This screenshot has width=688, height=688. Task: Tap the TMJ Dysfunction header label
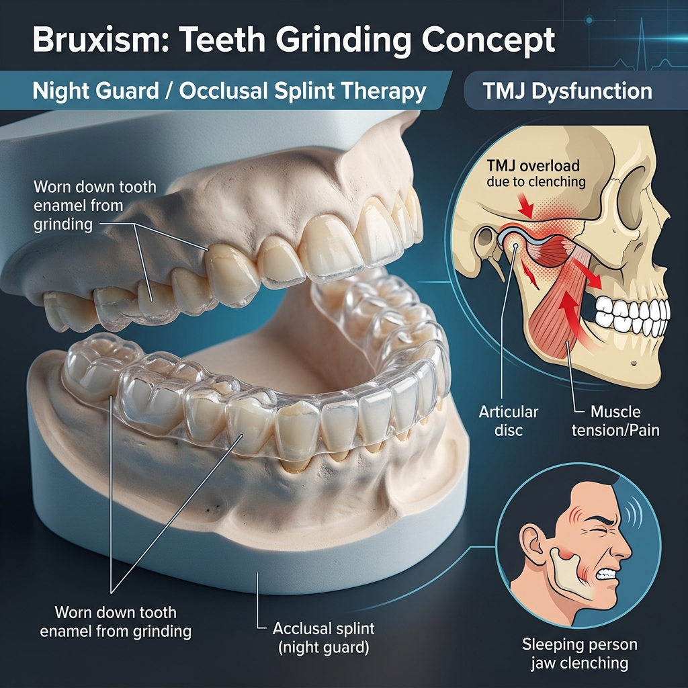567,91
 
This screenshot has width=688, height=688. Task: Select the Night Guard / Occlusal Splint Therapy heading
229,91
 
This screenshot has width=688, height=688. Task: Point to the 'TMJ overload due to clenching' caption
535,173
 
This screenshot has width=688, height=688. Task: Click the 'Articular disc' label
508,421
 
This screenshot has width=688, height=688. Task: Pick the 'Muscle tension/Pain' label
615,421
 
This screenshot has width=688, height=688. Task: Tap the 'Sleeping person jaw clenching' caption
579,653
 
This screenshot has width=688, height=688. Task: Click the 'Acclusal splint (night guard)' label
323,638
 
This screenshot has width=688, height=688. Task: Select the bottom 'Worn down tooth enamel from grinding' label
116,621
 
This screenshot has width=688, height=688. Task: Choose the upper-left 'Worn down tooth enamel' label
95,206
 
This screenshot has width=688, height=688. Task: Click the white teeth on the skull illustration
632,314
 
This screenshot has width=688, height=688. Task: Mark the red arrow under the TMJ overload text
525,206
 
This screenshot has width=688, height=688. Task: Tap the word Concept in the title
488,40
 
